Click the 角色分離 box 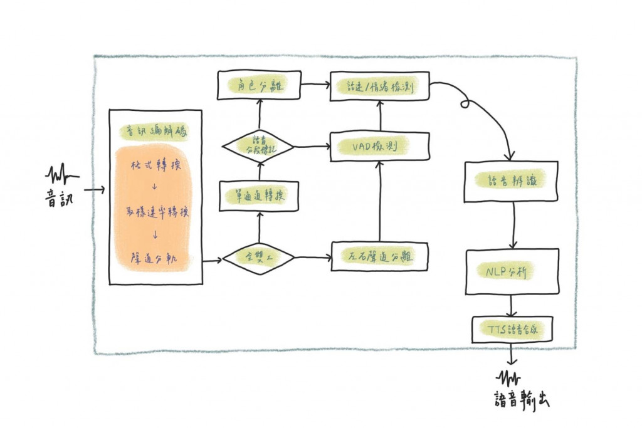[x=260, y=86]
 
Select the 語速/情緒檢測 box [x=380, y=86]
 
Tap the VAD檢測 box [x=380, y=147]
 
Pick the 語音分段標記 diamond [x=259, y=147]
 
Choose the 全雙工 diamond [x=259, y=258]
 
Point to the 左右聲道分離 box [x=380, y=256]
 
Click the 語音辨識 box [x=511, y=182]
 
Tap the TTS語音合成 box [x=512, y=328]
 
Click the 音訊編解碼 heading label [x=155, y=131]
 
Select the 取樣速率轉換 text [x=155, y=212]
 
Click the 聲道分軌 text [x=154, y=257]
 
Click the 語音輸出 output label [x=521, y=400]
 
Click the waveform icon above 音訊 [x=61, y=172]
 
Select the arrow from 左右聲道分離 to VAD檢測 [x=379, y=201]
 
